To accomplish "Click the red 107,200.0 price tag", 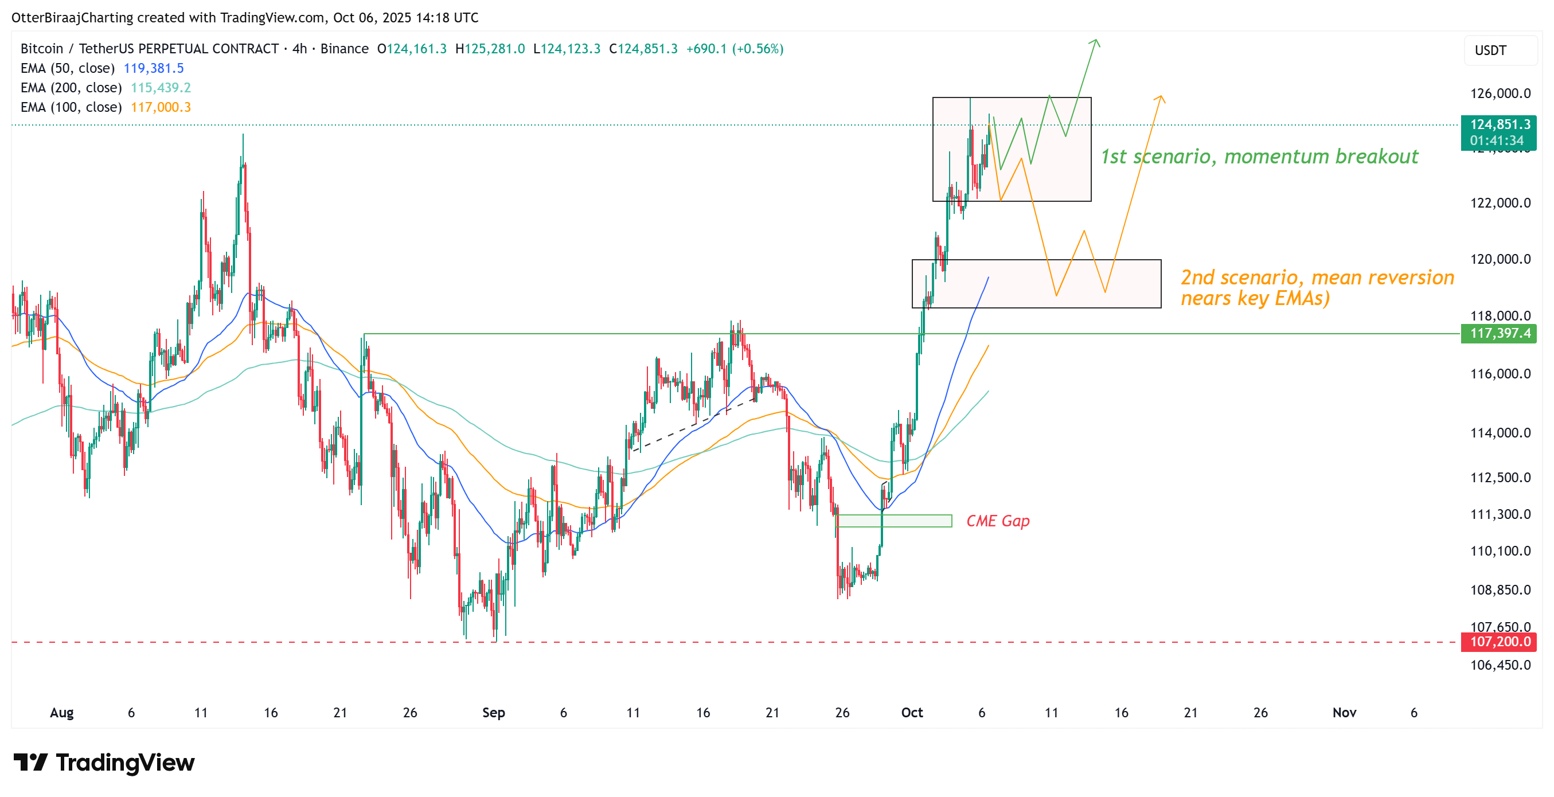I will (x=1499, y=642).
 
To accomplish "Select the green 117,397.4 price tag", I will (x=1499, y=333).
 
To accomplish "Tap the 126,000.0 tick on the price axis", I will (x=1500, y=93).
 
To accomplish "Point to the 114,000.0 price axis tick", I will (x=1500, y=432).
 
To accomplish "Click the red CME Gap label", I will (x=998, y=521).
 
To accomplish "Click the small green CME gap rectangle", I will (x=895, y=521).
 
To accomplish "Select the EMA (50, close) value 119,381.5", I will (x=153, y=68).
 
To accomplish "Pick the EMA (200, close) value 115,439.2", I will (x=161, y=88).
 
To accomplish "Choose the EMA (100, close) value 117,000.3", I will (x=161, y=107).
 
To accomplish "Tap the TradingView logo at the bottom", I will (x=104, y=763).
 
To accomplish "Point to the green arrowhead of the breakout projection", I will (x=1095, y=43).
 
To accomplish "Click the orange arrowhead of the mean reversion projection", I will (x=1160, y=99).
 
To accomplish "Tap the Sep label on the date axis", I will (x=494, y=713).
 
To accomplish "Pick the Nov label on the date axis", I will (x=1344, y=713).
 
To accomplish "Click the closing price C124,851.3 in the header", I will (x=643, y=49).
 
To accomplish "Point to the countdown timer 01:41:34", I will (x=1497, y=140).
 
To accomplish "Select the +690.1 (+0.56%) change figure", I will (x=735, y=49).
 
